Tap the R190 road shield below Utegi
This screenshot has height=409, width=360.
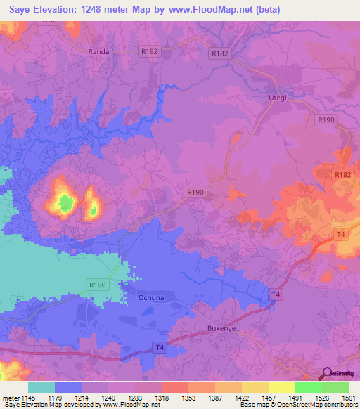pos(326,121)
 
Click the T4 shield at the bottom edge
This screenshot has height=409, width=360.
pos(160,347)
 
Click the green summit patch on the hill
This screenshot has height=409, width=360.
pos(65,204)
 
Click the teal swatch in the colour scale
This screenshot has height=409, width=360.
pos(41,387)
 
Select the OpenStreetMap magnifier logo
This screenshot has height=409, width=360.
pos(328,373)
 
